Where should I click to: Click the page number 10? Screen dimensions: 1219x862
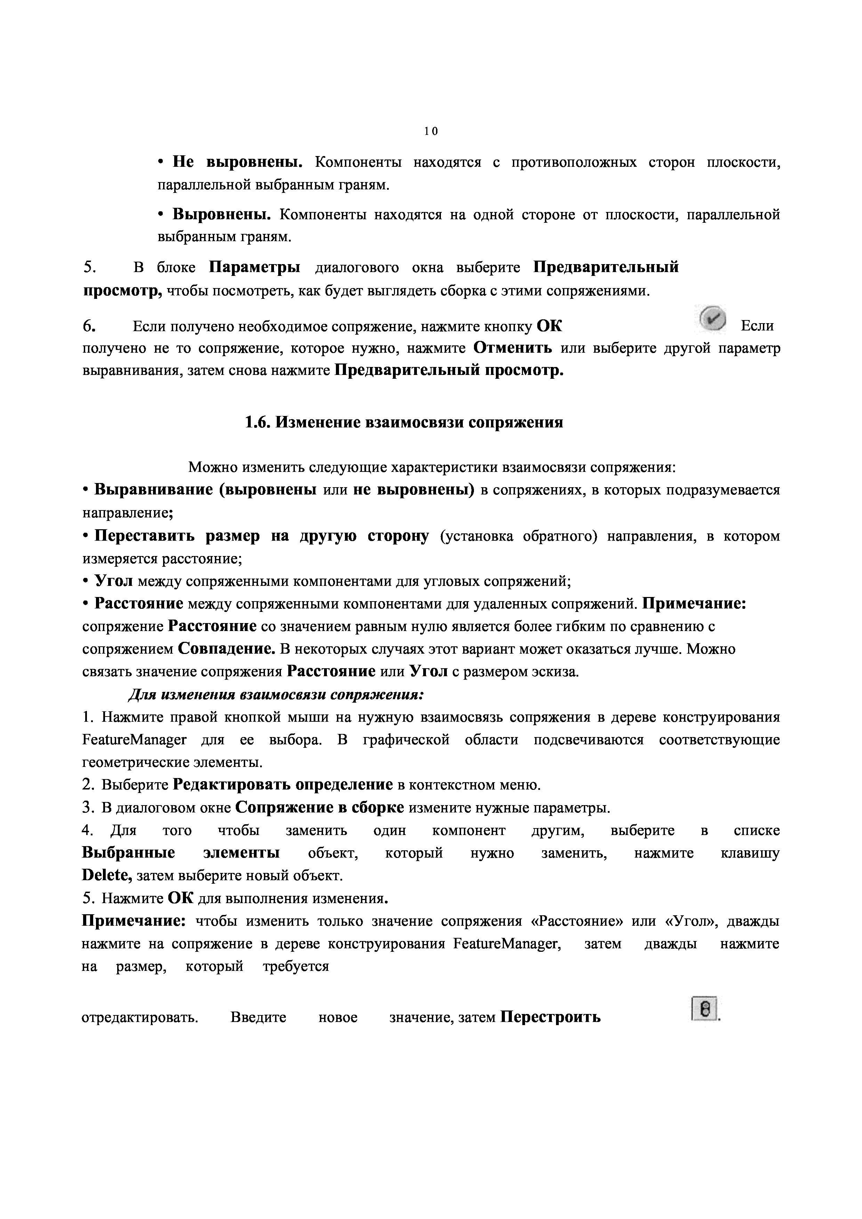[431, 131]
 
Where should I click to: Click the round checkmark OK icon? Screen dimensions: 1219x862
[712, 320]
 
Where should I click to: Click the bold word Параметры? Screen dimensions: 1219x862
[255, 267]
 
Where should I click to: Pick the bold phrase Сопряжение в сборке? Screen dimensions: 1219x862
[319, 808]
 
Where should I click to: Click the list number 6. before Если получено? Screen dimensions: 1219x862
[89, 326]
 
